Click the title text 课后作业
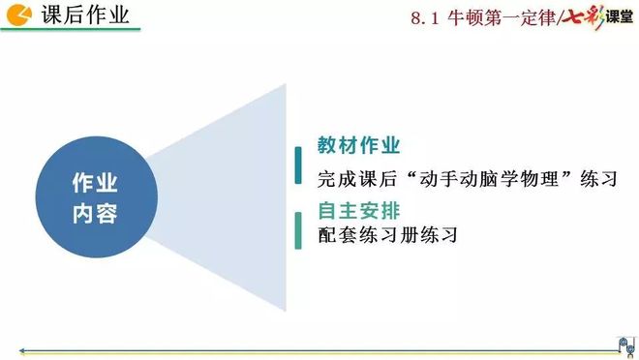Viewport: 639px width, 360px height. click(85, 16)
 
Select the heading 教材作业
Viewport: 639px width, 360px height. click(359, 146)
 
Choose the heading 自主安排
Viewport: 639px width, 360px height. click(359, 209)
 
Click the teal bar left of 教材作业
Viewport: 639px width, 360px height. click(297, 165)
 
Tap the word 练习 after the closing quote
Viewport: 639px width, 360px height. click(596, 179)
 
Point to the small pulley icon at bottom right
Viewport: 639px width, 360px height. click(620, 343)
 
